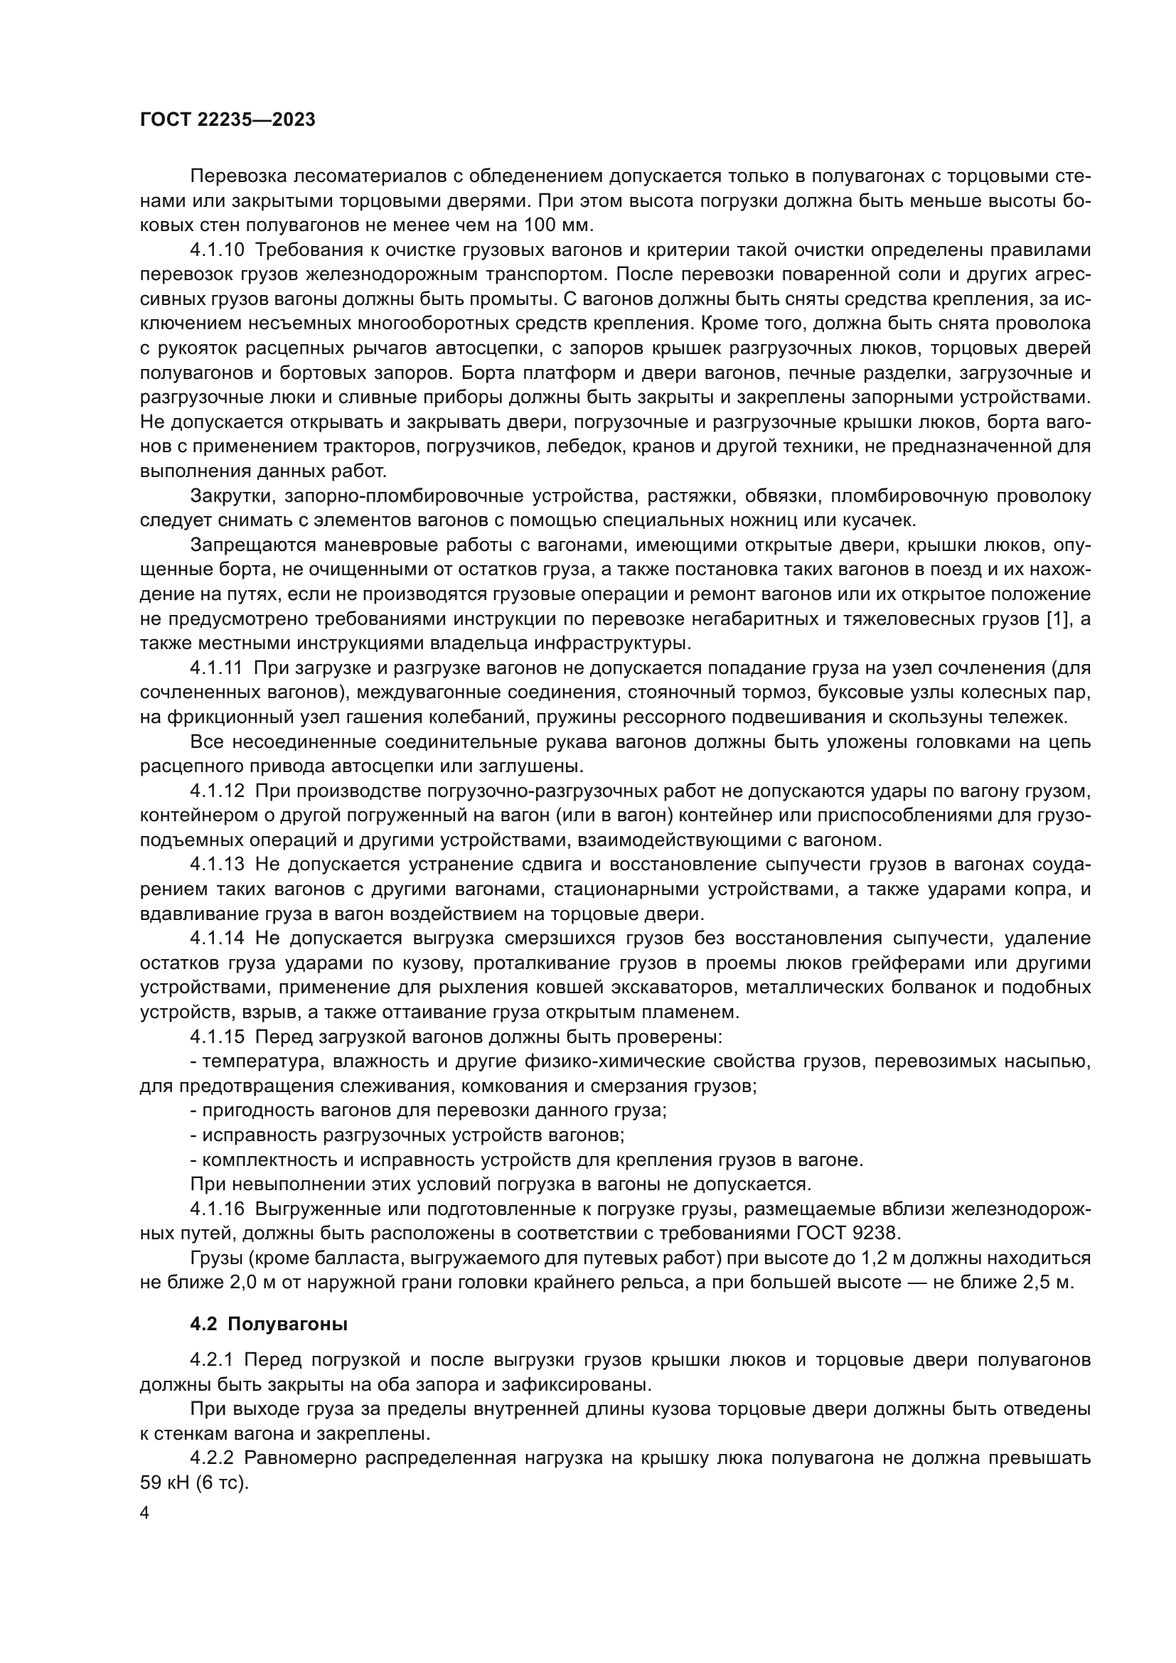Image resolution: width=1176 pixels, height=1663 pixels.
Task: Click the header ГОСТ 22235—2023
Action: pyautogui.click(x=228, y=120)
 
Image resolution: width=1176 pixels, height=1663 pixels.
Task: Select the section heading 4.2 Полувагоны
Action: pyautogui.click(x=269, y=1324)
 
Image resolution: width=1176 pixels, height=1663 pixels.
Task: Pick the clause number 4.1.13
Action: pyautogui.click(x=217, y=865)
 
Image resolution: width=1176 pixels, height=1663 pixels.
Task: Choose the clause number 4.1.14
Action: pyautogui.click(x=217, y=939)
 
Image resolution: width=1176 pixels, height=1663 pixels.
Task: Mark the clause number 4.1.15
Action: pyautogui.click(x=217, y=1037)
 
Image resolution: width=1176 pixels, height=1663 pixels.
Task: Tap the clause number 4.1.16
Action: pyautogui.click(x=217, y=1209)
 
